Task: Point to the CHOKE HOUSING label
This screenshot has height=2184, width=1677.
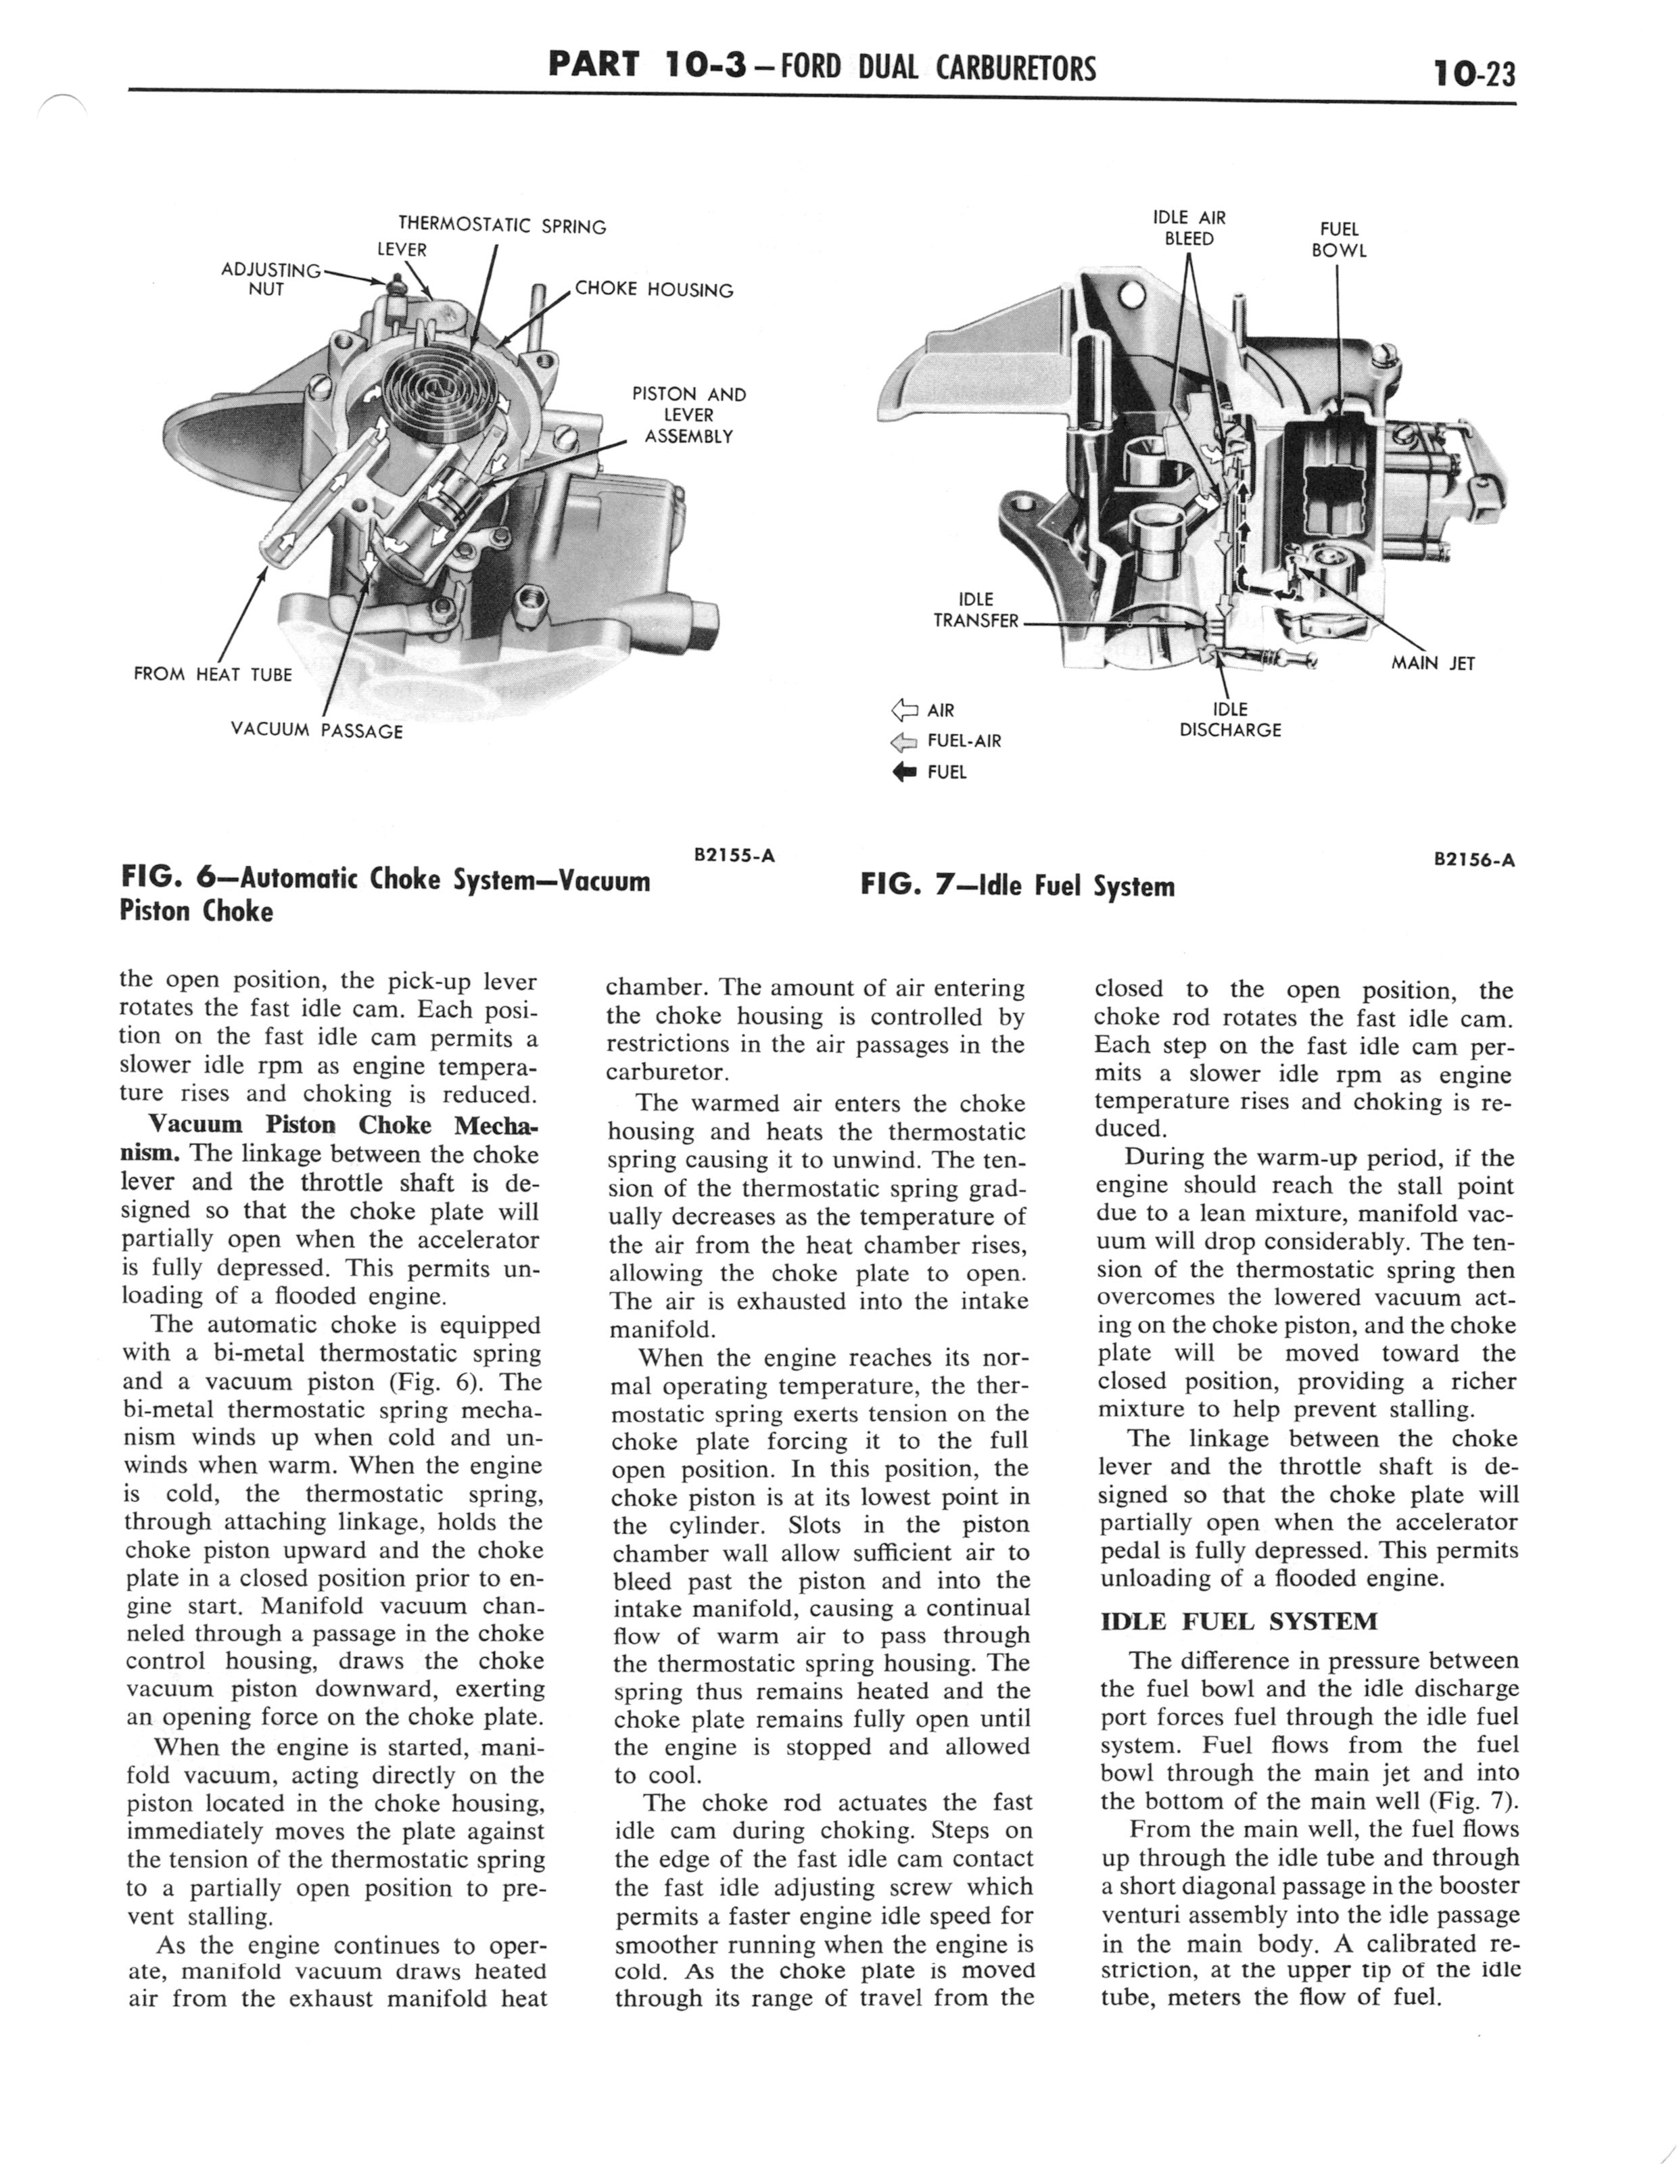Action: point(654,290)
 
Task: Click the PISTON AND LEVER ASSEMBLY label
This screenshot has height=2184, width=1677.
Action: point(689,415)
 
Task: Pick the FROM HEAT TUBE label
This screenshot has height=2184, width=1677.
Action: point(212,675)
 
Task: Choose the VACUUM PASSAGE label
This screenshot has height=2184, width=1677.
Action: point(316,730)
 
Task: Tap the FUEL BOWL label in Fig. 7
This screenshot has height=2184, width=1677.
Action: point(1339,239)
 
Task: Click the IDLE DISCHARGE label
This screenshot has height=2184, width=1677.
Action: point(1230,720)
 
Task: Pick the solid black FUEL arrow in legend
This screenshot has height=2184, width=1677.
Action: point(904,772)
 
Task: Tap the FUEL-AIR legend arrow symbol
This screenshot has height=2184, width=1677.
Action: point(904,742)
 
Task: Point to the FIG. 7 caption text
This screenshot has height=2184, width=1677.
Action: point(1016,886)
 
